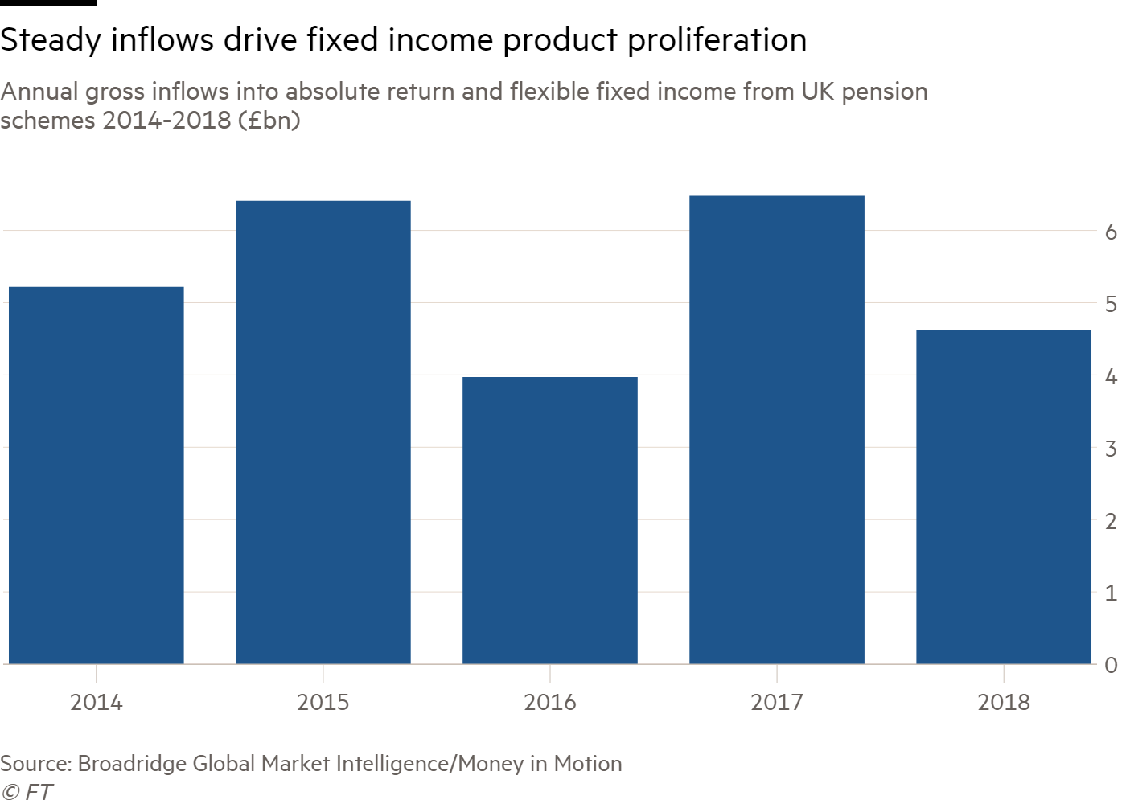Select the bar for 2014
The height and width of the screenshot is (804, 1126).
pyautogui.click(x=96, y=474)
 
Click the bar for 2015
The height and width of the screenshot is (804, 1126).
pyautogui.click(x=323, y=432)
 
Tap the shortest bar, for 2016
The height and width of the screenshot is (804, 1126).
pyautogui.click(x=550, y=520)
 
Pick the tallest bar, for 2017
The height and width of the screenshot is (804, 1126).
pyautogui.click(x=777, y=429)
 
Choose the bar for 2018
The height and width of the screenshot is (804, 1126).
pyautogui.click(x=1004, y=496)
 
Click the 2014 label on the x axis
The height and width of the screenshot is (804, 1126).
pyautogui.click(x=96, y=702)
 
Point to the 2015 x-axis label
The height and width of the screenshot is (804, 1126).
pyautogui.click(x=323, y=702)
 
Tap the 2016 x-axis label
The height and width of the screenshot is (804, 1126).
pyautogui.click(x=550, y=702)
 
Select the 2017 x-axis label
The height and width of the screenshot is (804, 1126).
pyautogui.click(x=777, y=702)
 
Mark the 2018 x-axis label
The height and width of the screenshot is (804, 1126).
pyautogui.click(x=1004, y=702)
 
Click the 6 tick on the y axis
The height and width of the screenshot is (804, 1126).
pyautogui.click(x=1111, y=232)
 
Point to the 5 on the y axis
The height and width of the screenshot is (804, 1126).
pyautogui.click(x=1111, y=304)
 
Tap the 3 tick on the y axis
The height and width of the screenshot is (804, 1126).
pyautogui.click(x=1111, y=448)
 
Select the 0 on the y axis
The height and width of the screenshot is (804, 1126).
pyautogui.click(x=1111, y=665)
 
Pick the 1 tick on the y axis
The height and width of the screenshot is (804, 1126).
pyautogui.click(x=1111, y=593)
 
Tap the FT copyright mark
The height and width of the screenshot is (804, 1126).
pyautogui.click(x=27, y=792)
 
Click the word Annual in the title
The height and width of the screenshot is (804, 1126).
pyautogui.click(x=39, y=92)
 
